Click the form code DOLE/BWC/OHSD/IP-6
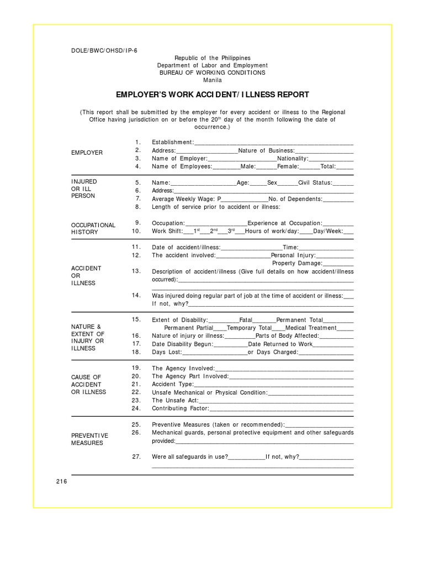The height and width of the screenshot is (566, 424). [104, 50]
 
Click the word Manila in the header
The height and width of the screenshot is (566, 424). [212, 80]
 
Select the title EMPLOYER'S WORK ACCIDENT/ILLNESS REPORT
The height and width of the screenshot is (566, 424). [212, 95]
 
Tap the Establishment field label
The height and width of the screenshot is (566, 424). [173, 142]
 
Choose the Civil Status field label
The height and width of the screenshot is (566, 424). [315, 182]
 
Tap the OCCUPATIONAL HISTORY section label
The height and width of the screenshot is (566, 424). [93, 228]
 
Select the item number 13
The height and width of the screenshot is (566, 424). [136, 271]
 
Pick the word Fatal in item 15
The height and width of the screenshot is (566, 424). [246, 320]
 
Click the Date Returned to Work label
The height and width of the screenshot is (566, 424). [280, 344]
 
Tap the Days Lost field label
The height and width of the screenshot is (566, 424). [166, 352]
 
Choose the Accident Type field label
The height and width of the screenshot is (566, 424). [173, 384]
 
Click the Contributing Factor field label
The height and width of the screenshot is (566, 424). [180, 408]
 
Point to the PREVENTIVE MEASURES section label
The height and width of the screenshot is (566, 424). [89, 439]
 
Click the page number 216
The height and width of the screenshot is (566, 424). [61, 481]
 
